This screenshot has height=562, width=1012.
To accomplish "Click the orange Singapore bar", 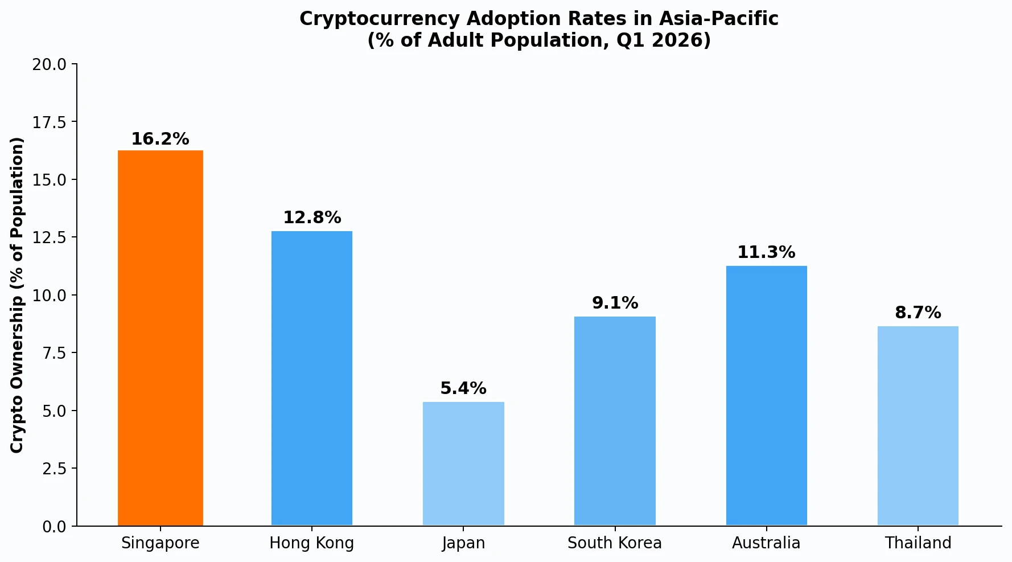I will point(161,338).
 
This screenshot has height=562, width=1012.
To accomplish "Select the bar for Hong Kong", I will point(312,378).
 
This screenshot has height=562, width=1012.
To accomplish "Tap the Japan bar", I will point(463,463).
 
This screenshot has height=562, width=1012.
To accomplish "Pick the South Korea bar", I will point(615,421).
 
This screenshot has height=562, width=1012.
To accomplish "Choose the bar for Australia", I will point(766,395).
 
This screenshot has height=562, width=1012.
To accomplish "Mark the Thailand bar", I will point(918,425).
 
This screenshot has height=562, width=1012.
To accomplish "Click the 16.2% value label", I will point(160,139).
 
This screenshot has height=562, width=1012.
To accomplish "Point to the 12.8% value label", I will point(312,218).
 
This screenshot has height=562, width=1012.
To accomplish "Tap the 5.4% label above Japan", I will point(463,388).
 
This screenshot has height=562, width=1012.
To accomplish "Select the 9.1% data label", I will point(615,303).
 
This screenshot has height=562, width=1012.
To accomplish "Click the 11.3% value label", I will point(766,252).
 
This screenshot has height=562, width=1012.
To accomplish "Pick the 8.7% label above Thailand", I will point(918,313).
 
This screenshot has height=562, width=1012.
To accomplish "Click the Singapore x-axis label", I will point(161,543).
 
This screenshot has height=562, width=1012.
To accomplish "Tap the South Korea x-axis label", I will point(615,543).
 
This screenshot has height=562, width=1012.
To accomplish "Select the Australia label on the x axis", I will point(766,543).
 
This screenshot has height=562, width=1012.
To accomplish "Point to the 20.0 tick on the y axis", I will point(49,64).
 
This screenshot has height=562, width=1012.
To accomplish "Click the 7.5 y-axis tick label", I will point(54,353).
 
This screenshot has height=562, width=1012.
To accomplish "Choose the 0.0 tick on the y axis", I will point(54,527).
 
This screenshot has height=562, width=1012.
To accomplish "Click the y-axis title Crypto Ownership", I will point(18,295).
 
